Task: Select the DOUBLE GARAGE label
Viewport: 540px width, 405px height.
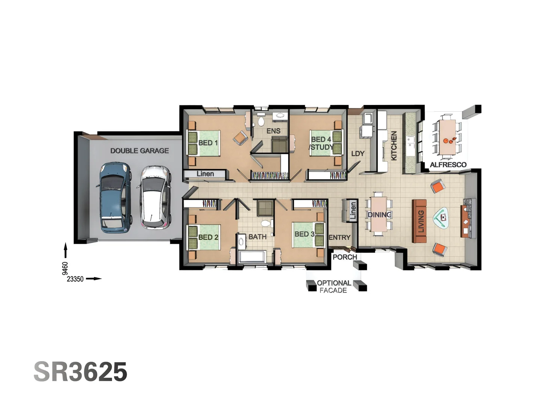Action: pos(139,151)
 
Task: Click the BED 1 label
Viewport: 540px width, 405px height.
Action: pos(208,143)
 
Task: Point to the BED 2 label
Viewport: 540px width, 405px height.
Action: pos(208,237)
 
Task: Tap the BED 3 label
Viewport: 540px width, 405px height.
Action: pos(304,234)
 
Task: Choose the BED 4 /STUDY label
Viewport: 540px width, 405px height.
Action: pos(321,143)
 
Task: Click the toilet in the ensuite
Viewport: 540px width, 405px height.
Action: pos(261,121)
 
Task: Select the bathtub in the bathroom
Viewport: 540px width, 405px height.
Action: pos(252,257)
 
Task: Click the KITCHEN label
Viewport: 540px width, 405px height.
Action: pos(394,145)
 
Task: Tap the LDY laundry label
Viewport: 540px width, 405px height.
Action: pos(358,154)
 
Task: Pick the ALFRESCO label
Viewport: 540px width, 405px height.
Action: pos(448,165)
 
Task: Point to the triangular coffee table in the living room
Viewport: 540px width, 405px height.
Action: pos(442,217)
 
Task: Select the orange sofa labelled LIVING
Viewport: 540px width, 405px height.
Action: pos(420,221)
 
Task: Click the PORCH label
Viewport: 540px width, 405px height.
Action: pos(345,257)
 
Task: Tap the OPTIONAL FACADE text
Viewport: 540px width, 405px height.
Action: pos(333,286)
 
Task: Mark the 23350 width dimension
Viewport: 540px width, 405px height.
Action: pos(75,279)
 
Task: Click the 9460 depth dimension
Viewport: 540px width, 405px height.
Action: pos(65,268)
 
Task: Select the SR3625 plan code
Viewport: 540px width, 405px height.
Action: pos(81,372)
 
